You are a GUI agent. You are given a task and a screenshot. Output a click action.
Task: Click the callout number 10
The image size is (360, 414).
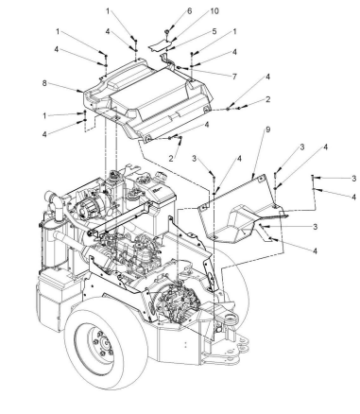[214, 11]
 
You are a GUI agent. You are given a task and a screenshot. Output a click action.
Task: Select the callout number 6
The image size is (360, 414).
[190, 11]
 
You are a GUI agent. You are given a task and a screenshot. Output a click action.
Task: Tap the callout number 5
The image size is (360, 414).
[214, 31]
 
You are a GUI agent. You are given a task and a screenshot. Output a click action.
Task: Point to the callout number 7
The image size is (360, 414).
[234, 77]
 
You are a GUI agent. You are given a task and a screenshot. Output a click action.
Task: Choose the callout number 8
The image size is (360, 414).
[44, 83]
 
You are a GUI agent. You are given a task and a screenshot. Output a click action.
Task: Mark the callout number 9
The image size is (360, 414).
[268, 129]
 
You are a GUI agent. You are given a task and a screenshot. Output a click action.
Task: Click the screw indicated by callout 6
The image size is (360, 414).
[167, 32]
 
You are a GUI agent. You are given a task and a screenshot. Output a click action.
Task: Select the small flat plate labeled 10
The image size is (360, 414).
[160, 46]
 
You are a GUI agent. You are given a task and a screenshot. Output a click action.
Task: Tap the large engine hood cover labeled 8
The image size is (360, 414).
[148, 101]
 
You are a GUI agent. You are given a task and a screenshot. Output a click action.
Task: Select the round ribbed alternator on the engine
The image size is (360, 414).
[85, 208]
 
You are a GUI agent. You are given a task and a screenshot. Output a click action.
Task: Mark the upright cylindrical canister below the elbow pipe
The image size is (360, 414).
[50, 244]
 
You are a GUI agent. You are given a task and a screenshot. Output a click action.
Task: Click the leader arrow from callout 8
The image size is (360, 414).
[66, 88]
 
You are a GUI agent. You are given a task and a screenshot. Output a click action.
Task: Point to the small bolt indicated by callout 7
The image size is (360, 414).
[179, 67]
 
